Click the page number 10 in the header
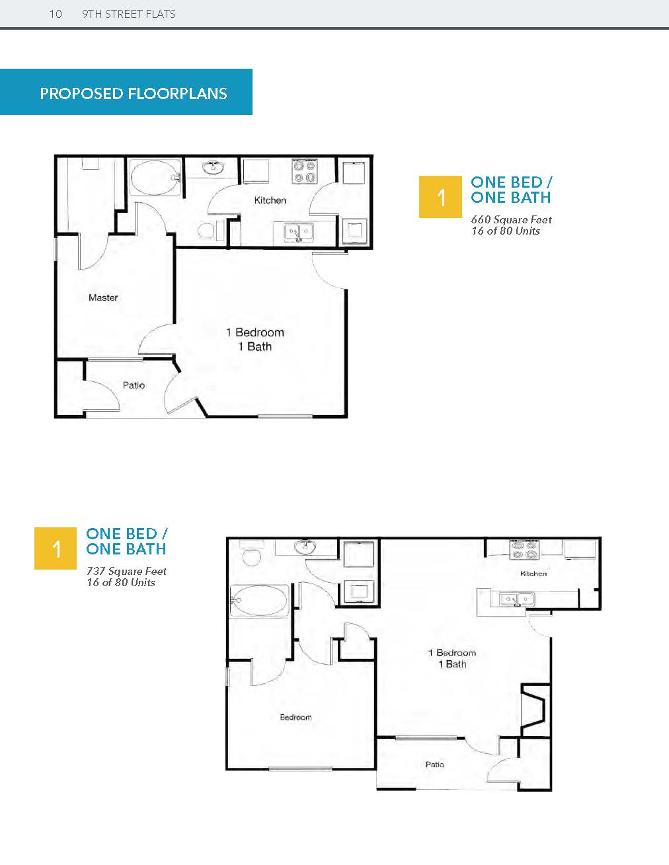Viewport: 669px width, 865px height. click(56, 15)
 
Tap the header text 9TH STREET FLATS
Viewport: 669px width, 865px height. click(129, 15)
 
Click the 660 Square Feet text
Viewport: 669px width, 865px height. click(511, 220)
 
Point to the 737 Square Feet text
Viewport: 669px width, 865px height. click(127, 571)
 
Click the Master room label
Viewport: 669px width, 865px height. click(103, 297)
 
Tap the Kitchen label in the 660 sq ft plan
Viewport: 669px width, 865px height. click(270, 200)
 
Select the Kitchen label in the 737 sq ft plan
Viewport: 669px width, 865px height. click(533, 574)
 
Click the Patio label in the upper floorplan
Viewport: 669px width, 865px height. click(134, 385)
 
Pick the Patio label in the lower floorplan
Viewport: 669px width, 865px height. click(434, 765)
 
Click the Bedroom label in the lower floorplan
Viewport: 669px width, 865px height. click(295, 717)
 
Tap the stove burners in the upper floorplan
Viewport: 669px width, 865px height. click(305, 171)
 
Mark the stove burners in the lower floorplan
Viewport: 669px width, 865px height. click(524, 549)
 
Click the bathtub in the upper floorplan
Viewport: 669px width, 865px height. click(155, 178)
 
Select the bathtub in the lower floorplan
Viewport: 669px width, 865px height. click(259, 601)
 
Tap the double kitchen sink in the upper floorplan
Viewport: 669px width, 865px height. click(299, 232)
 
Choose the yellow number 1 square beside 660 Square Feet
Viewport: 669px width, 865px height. click(440, 197)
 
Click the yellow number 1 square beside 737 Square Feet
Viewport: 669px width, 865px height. click(56, 548)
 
